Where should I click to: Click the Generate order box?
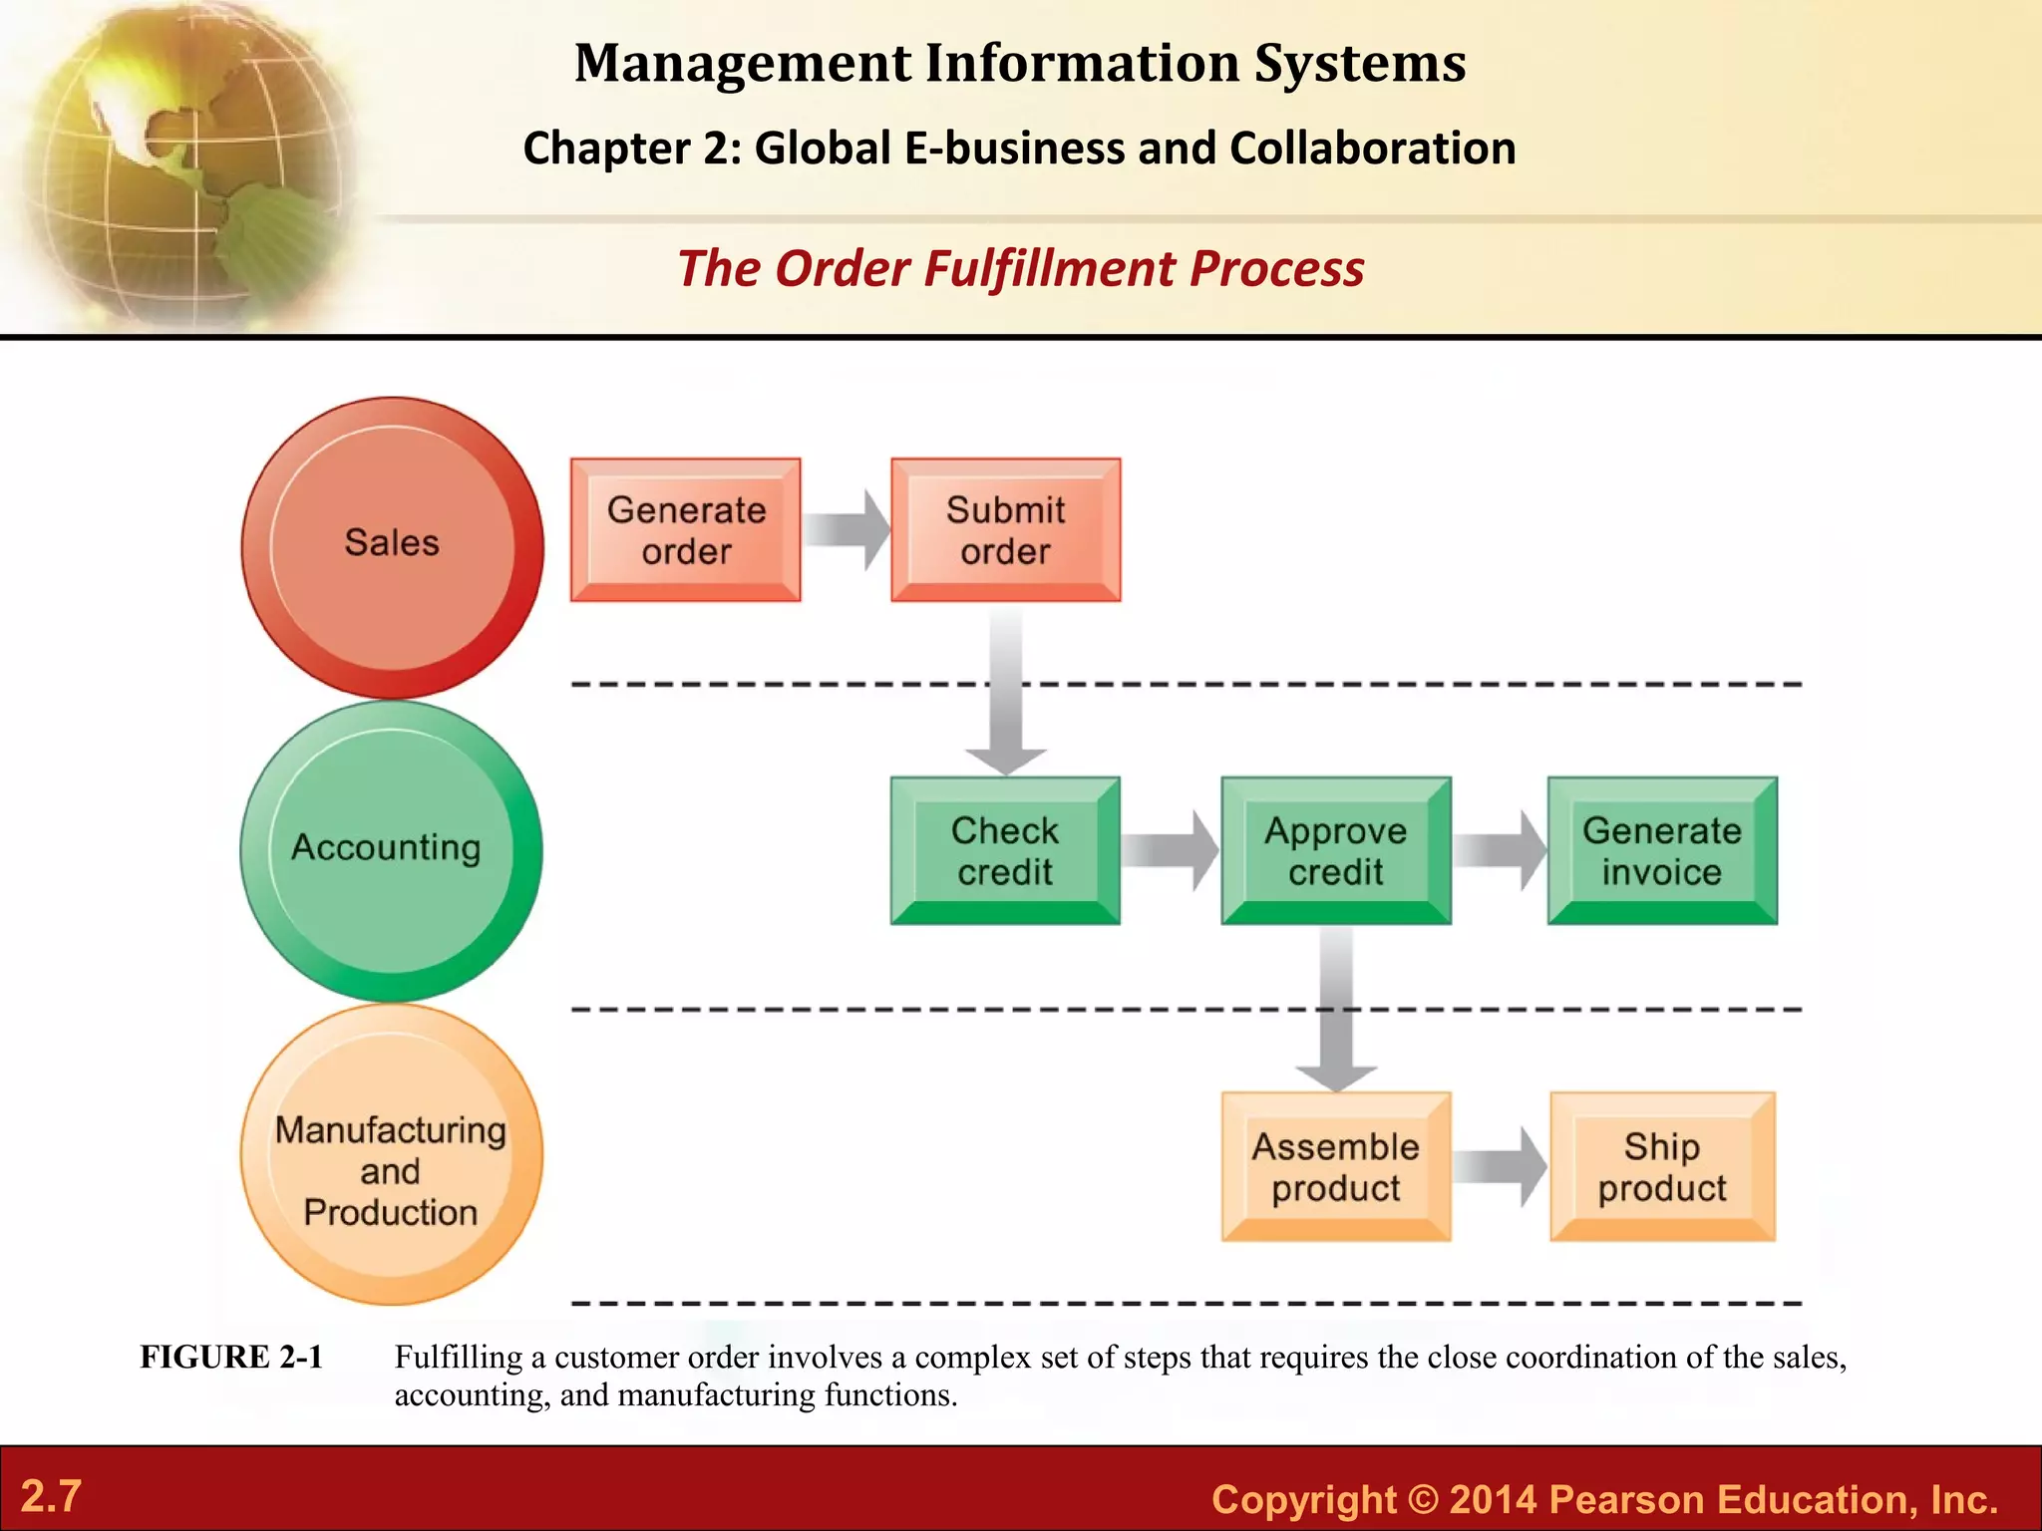coord(685,530)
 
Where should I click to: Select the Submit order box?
coord(1005,530)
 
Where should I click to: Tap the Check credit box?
coord(1005,850)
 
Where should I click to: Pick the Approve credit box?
coord(1336,850)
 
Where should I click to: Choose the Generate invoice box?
coord(1662,850)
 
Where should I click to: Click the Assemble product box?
coord(1336,1167)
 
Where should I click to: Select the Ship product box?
coord(1662,1167)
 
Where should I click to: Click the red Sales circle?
coord(392,546)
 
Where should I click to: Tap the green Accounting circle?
coord(392,850)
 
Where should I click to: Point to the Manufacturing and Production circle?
coord(392,1154)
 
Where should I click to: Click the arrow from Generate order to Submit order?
coord(847,530)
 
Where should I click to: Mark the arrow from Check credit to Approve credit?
coord(1170,850)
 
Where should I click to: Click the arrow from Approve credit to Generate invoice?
coord(1500,850)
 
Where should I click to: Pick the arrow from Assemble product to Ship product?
coord(1500,1167)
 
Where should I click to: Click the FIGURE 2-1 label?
coord(231,1358)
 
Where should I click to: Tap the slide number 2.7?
coord(51,1496)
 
